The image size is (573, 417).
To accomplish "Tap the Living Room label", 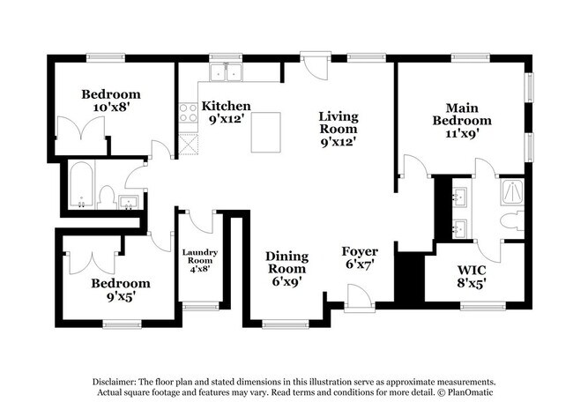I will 338,116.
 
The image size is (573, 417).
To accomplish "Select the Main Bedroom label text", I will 459,113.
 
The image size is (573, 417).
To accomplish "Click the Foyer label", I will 360,251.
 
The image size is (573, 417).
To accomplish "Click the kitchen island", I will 266,132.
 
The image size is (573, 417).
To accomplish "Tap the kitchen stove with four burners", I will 188,112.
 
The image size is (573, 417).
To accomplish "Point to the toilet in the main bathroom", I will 511,220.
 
